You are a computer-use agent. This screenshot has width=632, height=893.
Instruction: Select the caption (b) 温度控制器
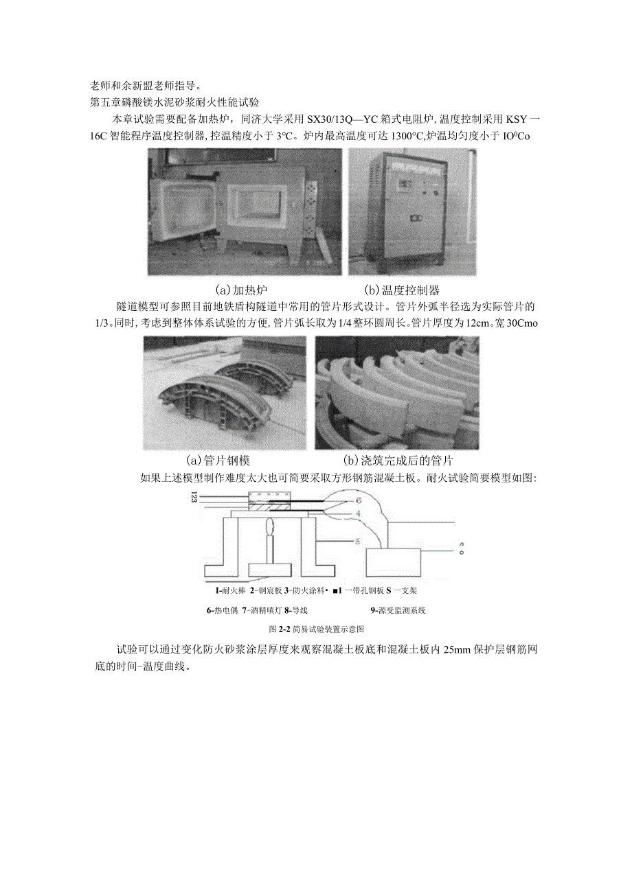[x=401, y=290]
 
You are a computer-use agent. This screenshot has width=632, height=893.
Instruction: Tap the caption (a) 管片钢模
[x=223, y=461]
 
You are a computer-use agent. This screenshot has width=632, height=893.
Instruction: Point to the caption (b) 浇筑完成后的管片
[x=398, y=461]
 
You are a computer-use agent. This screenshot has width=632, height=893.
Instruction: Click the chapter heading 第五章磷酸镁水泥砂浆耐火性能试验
[x=174, y=103]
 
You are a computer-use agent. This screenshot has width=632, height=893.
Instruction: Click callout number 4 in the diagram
[x=357, y=513]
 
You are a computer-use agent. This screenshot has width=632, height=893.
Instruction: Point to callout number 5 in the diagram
[x=357, y=542]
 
